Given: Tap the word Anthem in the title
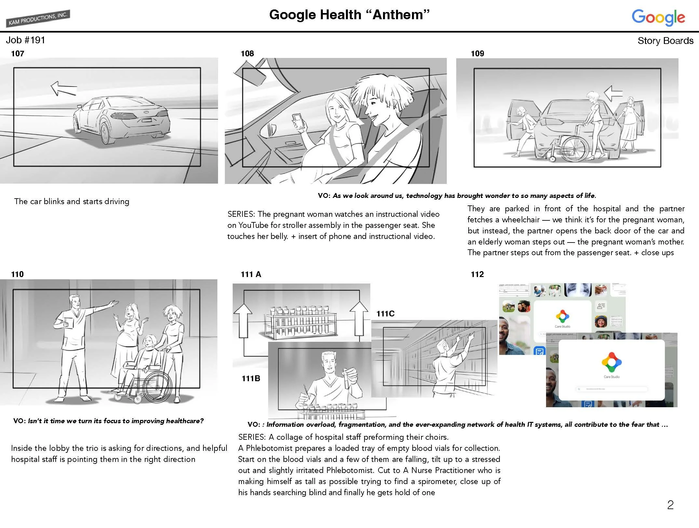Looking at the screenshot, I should click(401, 15).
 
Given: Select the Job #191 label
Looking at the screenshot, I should click(25, 40).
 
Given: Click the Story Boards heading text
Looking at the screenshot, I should click(665, 41).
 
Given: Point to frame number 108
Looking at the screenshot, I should click(247, 54).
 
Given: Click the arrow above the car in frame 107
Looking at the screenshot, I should click(63, 88).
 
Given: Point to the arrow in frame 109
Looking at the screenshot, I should click(613, 93).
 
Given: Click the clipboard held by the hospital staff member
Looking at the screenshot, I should click(69, 323).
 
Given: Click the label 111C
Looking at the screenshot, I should click(385, 314).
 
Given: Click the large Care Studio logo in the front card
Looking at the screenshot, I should click(611, 362).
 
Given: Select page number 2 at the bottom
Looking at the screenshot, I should click(670, 505).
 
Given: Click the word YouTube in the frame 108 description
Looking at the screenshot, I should click(253, 225).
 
